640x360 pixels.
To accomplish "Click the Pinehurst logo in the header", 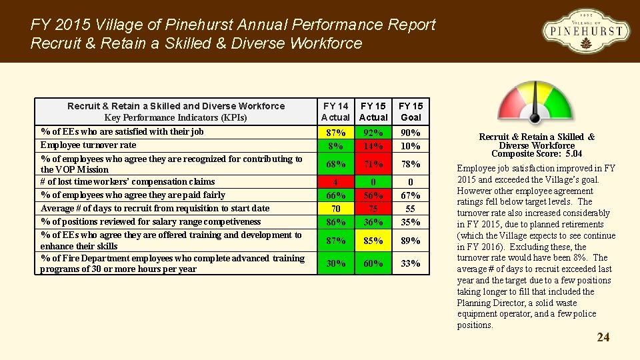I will click(x=585, y=31).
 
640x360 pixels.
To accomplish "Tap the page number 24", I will click(x=603, y=337).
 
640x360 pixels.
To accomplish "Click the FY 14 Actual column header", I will click(x=335, y=111).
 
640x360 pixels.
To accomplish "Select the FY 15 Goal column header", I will click(x=411, y=111).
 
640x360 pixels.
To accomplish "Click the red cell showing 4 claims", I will click(x=335, y=182).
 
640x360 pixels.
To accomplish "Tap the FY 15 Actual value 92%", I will click(x=373, y=133).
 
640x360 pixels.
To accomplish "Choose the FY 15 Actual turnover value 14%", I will click(x=373, y=145).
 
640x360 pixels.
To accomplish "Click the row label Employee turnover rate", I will click(x=88, y=145).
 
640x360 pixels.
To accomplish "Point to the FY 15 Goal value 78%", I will click(x=411, y=164).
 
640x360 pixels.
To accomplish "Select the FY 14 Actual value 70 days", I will click(x=335, y=209).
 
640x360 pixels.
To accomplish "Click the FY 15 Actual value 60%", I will click(x=373, y=263).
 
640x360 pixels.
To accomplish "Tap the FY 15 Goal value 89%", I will click(x=411, y=241).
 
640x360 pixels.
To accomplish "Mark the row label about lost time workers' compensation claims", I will click(x=127, y=181).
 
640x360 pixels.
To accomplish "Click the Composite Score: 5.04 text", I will click(x=536, y=154).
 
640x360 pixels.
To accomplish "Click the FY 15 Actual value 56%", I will click(x=373, y=195).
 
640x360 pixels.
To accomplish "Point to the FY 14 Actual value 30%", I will click(x=335, y=263).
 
